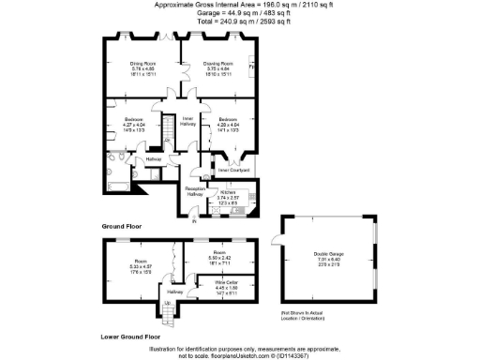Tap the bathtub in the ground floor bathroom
tap(113, 181)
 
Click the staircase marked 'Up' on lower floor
tap(170, 307)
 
